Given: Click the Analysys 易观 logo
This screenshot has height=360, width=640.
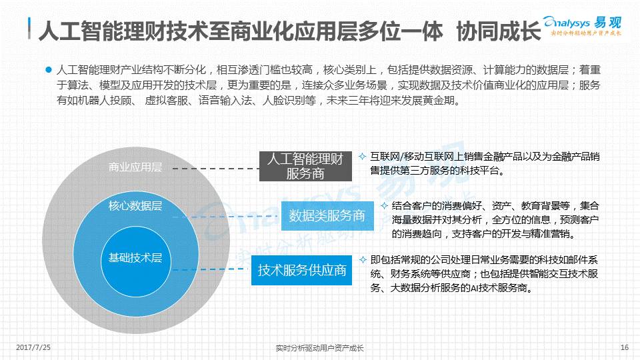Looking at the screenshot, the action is click(582, 26).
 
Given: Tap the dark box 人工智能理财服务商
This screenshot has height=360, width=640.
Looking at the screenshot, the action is click(305, 166).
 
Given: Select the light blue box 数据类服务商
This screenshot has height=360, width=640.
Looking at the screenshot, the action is click(327, 215).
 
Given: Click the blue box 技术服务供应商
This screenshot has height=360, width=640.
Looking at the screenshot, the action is click(301, 270).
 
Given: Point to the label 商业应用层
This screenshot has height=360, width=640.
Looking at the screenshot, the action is click(135, 167).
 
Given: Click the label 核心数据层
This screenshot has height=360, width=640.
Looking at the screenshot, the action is click(135, 206).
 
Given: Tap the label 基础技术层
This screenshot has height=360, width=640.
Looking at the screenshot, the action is click(135, 257).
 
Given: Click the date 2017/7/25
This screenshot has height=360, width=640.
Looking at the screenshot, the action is click(33, 347).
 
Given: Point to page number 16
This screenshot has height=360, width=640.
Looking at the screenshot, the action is click(625, 347).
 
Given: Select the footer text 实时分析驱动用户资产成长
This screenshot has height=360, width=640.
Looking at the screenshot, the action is click(319, 348).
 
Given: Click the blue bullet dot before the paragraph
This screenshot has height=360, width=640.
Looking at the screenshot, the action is click(49, 70).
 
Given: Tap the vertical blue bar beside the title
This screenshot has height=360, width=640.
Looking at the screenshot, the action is click(29, 28).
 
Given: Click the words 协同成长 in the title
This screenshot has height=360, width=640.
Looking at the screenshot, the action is click(499, 31).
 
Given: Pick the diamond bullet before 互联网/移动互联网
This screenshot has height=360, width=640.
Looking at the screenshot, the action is click(362, 156).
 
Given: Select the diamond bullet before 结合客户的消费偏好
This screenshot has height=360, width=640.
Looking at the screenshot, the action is click(384, 206).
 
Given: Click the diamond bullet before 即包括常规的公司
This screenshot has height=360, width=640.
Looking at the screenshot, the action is click(363, 259).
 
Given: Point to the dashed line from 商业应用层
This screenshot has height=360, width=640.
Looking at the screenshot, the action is click(216, 168).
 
